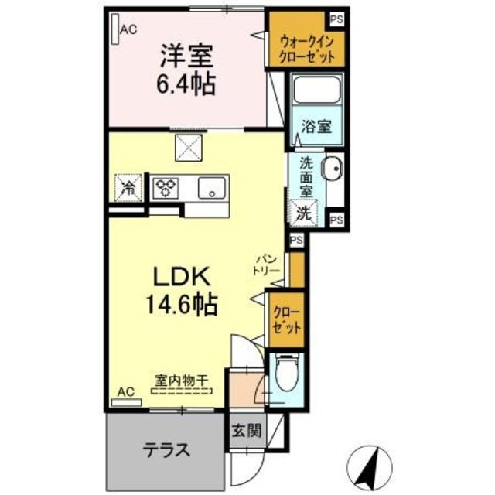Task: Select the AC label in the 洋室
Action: (128, 29)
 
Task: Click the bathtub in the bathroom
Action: (318, 93)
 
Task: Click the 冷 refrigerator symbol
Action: (129, 186)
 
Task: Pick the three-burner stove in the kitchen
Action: (165, 186)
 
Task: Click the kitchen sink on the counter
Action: (210, 187)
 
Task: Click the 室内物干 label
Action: (183, 380)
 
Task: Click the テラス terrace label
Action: (166, 449)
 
